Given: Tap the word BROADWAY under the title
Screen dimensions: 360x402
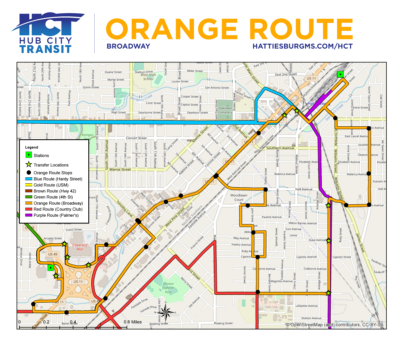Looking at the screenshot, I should click(x=128, y=46).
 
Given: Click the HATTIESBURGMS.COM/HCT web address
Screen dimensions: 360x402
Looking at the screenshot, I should click(x=302, y=46).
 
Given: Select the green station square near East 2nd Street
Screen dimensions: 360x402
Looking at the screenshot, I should click(x=340, y=74).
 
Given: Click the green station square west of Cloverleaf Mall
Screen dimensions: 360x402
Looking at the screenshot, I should click(x=50, y=268).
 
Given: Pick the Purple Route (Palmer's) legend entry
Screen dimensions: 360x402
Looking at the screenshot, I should click(x=56, y=215).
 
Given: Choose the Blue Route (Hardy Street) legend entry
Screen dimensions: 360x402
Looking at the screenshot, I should click(x=58, y=179).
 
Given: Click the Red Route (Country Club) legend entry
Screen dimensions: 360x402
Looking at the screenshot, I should click(x=58, y=209).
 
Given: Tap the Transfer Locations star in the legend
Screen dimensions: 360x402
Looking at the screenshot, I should click(x=29, y=165).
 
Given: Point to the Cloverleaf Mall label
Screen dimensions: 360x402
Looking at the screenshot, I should click(x=80, y=247).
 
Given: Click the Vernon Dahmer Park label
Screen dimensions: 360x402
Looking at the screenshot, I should click(x=168, y=288).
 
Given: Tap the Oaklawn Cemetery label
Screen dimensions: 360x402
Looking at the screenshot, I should click(x=225, y=110).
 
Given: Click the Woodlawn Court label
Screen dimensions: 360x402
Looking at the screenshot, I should click(x=239, y=197).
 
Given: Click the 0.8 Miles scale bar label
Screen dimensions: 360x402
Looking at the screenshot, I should click(x=133, y=322).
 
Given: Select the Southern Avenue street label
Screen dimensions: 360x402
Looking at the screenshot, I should click(x=280, y=148).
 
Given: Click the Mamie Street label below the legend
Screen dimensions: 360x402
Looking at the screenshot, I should click(x=120, y=169).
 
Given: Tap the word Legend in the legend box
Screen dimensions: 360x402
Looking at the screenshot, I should click(x=32, y=147).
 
